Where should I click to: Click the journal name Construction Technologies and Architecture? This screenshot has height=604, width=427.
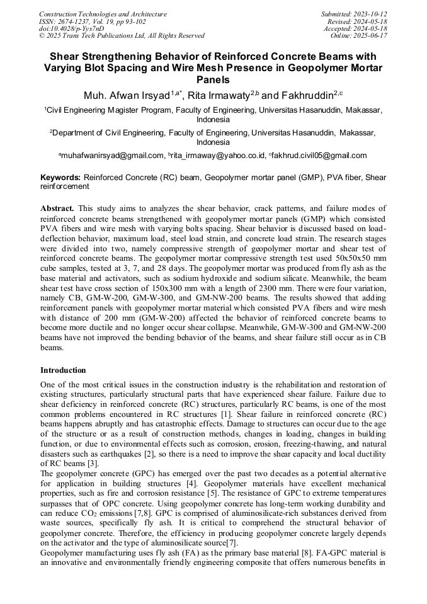pyautogui.click(x=103, y=14)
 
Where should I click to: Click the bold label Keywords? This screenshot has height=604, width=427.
pyautogui.click(x=60, y=178)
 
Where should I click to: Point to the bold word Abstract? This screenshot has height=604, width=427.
pyautogui.click(x=57, y=208)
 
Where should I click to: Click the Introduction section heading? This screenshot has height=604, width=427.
pyautogui.click(x=63, y=370)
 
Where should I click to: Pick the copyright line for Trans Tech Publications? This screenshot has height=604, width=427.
pyautogui.click(x=122, y=36)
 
